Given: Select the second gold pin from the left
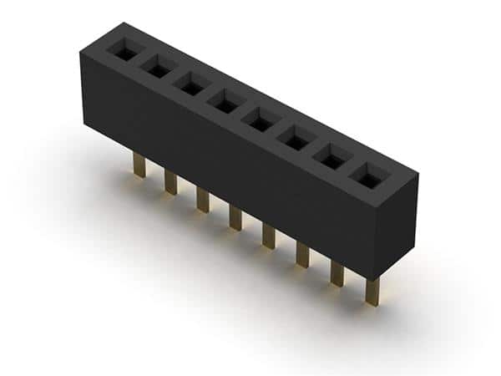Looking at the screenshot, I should point(170,182).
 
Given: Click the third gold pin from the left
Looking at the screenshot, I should point(202,200).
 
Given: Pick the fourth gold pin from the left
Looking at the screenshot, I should point(235,217).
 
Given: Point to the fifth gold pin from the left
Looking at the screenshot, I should point(269,236).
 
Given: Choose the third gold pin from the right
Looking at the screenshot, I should point(303,254).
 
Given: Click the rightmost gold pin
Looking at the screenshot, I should point(372,291).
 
